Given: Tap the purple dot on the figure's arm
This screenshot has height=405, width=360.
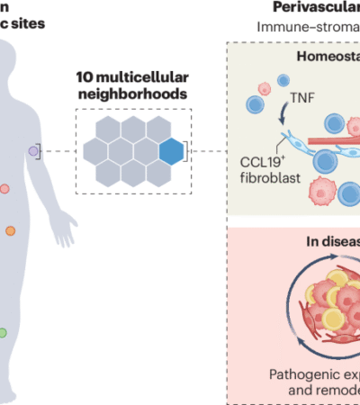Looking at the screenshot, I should click(33, 152).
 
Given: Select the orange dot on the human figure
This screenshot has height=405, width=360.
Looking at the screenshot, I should click(10, 230).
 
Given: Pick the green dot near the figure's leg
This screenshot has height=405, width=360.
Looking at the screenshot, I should click(3, 333).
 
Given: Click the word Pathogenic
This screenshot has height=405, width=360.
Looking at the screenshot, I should click(302, 373).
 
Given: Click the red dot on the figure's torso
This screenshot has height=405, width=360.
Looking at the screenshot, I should click(4, 189).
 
